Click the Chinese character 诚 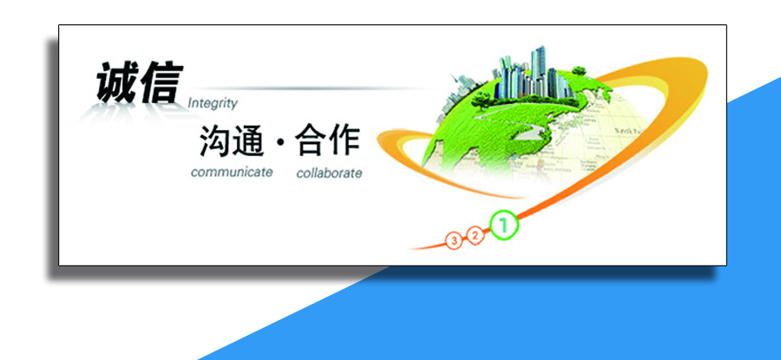click(x=117, y=85)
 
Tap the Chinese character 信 click(x=159, y=83)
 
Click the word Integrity click(x=213, y=103)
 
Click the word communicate click(x=232, y=172)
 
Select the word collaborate click(x=329, y=173)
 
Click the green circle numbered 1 click(x=504, y=226)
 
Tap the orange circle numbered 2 click(x=475, y=235)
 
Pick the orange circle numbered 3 click(x=453, y=240)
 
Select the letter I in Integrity click(x=190, y=103)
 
